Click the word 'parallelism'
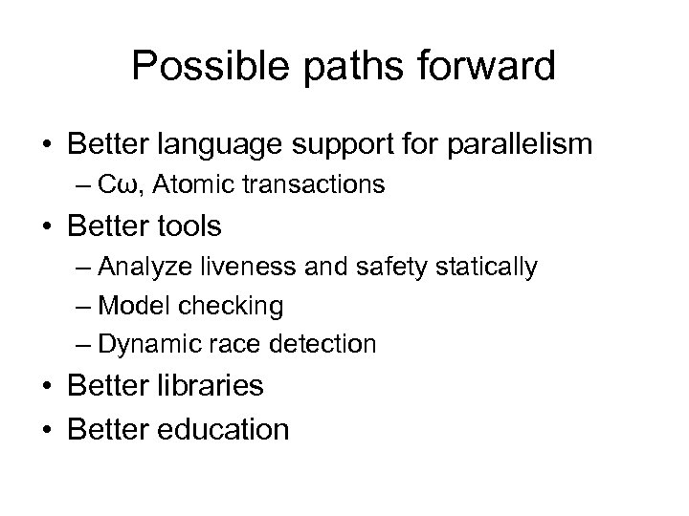click(511, 145)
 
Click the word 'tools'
click(189, 226)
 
